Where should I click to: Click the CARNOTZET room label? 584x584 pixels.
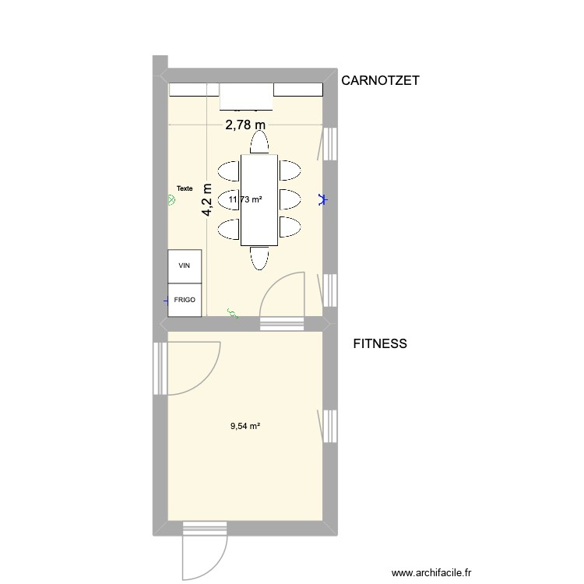382,79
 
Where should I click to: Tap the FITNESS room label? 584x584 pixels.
380,343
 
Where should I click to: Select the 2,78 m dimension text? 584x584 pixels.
245,125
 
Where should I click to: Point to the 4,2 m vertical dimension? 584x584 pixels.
207,200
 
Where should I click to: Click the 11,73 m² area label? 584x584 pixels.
245,200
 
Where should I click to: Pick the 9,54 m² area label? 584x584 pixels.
245,426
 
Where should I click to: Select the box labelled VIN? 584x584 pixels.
185,266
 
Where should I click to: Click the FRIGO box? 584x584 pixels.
185,299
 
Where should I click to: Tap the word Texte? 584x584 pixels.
185,188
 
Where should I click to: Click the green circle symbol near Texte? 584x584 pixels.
172,200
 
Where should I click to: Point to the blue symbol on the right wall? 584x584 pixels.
322,200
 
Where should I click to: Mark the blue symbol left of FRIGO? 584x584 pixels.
165,300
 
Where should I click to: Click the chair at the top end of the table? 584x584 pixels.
259,142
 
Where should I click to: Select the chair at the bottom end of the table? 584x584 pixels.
259,257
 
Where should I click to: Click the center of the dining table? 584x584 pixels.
259,200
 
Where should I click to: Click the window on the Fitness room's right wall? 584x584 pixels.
328,426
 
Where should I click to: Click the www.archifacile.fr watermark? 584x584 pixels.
432,572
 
